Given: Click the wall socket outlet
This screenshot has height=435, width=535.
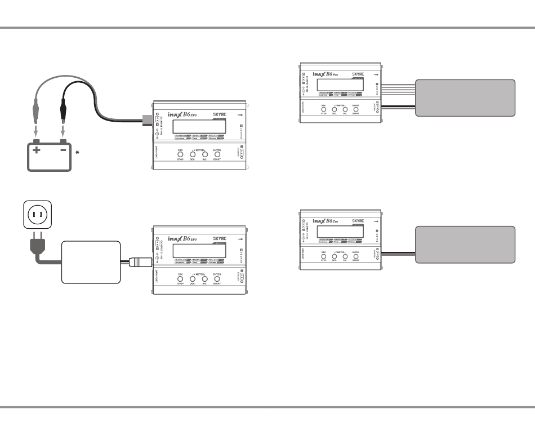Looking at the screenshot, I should point(38,214).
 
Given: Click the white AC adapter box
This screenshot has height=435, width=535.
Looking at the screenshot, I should point(91,262).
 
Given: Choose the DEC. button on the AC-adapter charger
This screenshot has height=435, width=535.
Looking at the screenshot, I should point(193,278).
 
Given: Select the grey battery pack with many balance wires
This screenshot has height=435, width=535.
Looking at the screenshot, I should point(465,97).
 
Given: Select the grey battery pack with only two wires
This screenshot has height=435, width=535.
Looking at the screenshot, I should point(465,245).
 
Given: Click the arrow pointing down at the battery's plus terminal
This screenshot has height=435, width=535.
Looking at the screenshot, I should point(37,132).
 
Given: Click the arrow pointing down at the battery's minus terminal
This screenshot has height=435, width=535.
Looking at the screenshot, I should point(63,132).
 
